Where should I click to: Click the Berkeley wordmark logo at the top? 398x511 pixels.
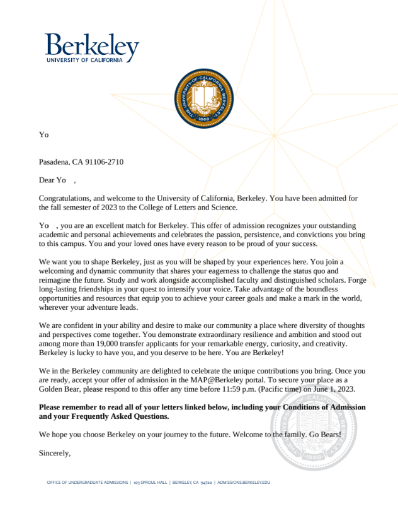point(92,47)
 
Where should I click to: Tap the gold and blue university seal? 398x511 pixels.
point(203,97)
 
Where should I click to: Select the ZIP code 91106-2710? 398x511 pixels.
point(104,162)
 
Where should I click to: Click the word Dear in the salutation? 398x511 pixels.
point(47,180)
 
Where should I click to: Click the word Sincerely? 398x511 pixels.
point(55,453)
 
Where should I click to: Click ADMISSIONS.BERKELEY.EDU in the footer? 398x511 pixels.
point(243,483)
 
